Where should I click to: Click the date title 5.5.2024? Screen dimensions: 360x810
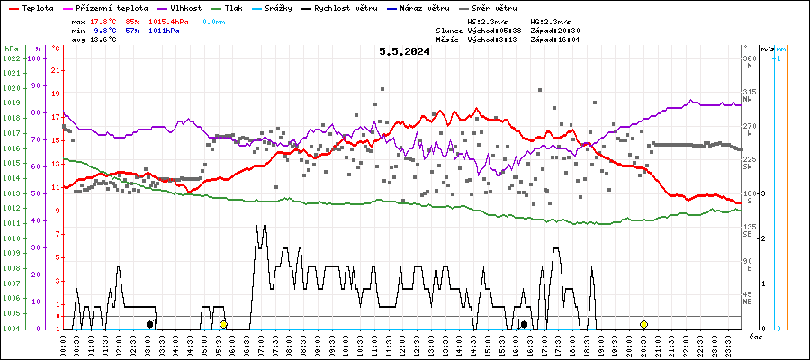pyautogui.click(x=404, y=51)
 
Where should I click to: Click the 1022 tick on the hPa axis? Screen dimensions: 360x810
pyautogui.click(x=11, y=58)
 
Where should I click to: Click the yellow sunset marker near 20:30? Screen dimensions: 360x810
pyautogui.click(x=643, y=324)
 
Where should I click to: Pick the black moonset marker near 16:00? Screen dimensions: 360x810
pyautogui.click(x=524, y=324)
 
